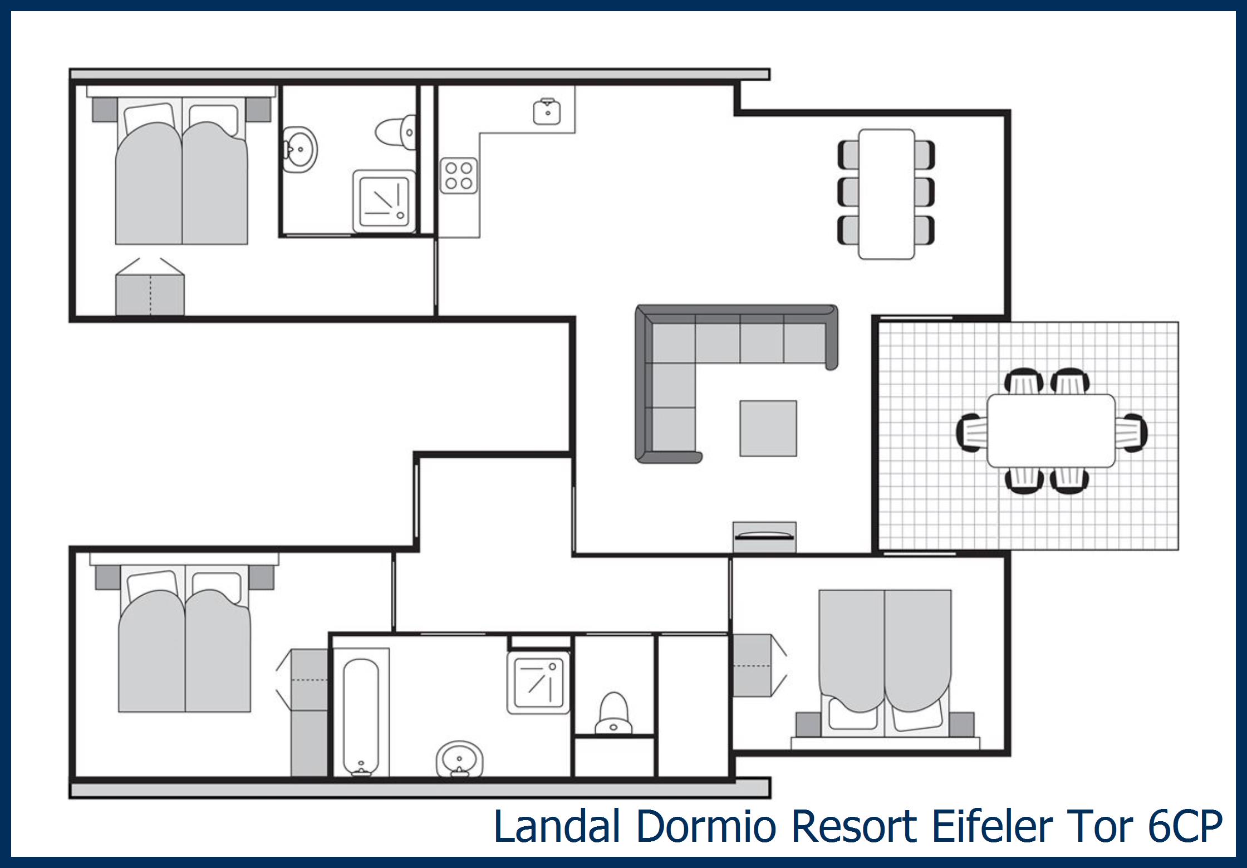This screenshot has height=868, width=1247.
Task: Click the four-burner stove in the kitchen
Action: [x=459, y=176]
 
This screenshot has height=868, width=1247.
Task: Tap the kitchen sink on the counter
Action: [x=547, y=112]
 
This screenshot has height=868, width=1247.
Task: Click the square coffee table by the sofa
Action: [x=768, y=428]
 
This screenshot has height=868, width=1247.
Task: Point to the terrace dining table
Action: [x=1051, y=430]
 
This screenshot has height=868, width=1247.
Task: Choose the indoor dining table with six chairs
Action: [x=886, y=194]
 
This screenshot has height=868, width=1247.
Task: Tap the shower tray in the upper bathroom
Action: [x=384, y=201]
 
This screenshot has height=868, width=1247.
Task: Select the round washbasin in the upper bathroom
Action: [x=300, y=149]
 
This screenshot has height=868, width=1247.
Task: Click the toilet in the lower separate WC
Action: [x=613, y=713]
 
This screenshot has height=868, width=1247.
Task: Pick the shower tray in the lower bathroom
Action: [x=539, y=683]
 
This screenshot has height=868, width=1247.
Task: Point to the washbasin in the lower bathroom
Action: [x=459, y=758]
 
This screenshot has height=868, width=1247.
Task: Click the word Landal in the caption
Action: [x=557, y=826]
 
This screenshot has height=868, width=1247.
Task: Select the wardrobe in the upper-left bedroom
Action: [x=150, y=295]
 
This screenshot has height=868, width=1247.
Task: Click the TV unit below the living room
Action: [x=764, y=537]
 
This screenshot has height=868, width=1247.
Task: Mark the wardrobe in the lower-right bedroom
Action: [x=752, y=665]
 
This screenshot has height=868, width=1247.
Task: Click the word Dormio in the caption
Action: [x=706, y=826]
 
